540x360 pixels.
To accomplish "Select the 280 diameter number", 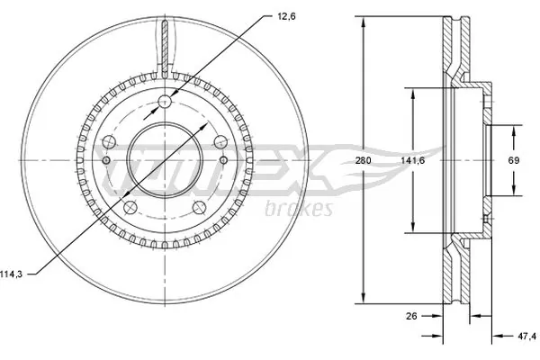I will coord(363,160).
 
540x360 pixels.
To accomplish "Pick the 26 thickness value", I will coord(412,315).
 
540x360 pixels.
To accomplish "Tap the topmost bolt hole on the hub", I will coord(166,102).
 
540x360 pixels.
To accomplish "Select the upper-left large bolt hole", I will coord(110,141).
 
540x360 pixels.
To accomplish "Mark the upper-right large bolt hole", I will coord(220,141).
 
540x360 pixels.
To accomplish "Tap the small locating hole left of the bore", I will coord(106,160).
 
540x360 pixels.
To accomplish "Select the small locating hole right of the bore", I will coord(225,160).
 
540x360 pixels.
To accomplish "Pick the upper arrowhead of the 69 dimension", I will coord(516,127).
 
